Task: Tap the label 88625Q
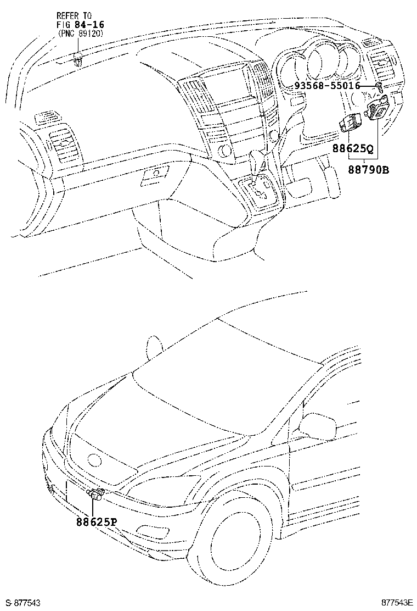click(x=352, y=148)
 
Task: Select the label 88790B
click(x=368, y=170)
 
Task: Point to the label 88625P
click(x=97, y=521)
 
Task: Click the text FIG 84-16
click(x=81, y=24)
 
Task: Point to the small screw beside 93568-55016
click(x=379, y=86)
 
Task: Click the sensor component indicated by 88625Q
click(x=349, y=122)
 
